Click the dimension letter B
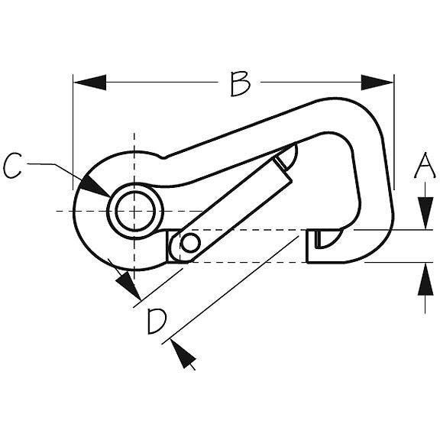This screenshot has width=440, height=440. [x=240, y=84]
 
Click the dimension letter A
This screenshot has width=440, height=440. [x=425, y=166]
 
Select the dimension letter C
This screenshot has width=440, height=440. [x=13, y=165]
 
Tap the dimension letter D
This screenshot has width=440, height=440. [x=157, y=322]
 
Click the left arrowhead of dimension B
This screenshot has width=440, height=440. [x=90, y=82]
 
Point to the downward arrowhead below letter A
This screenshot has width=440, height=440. [x=425, y=213]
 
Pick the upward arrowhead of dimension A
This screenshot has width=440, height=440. [x=425, y=279]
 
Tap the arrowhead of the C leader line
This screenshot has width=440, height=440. [x=94, y=186]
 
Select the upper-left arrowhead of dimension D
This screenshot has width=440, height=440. [x=128, y=285]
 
